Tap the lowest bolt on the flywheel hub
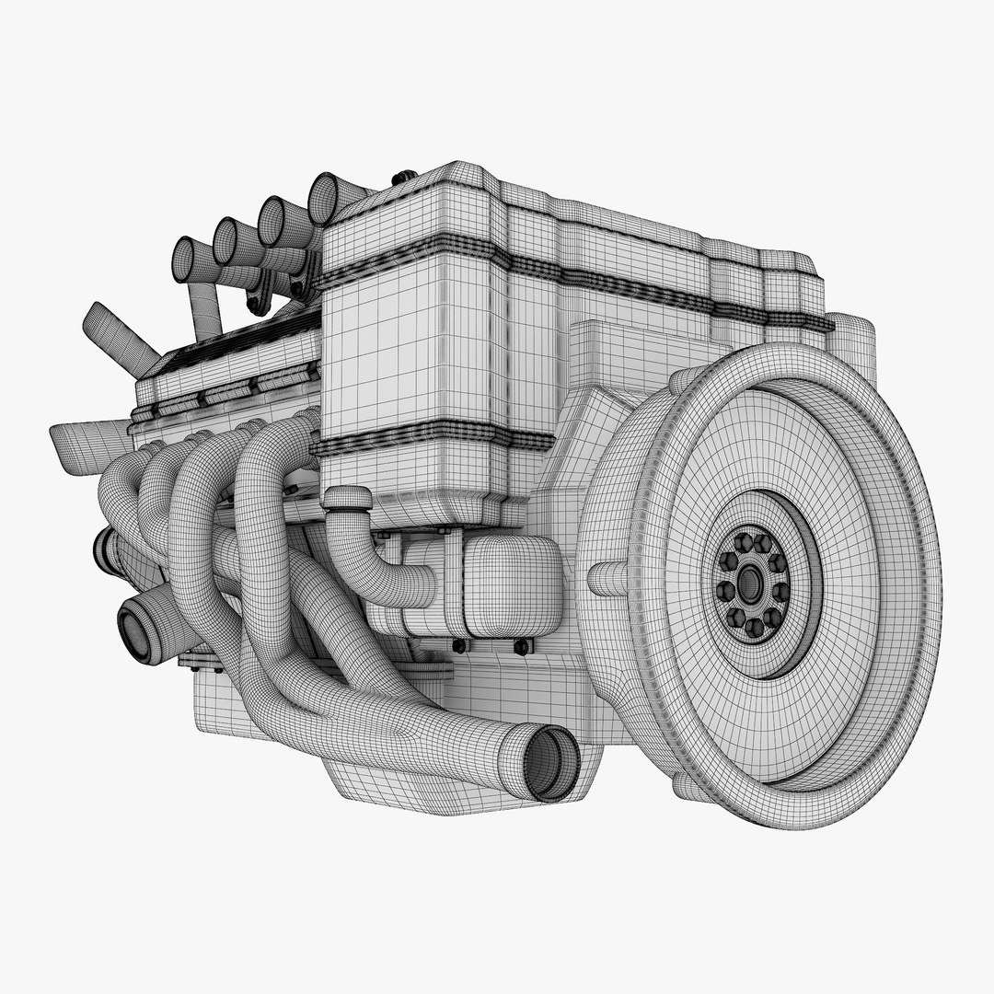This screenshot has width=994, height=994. click(754, 628)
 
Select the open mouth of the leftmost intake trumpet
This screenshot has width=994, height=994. click(182, 259)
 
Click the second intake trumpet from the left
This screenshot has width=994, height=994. click(226, 241)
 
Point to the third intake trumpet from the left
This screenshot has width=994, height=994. click(274, 220)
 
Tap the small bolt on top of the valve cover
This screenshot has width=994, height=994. click(400, 177)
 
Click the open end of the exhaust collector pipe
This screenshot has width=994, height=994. click(550, 762)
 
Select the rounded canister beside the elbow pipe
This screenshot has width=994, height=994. click(511, 585)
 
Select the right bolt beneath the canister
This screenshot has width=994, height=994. click(521, 647)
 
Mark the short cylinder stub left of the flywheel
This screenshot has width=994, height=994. click(607, 578)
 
